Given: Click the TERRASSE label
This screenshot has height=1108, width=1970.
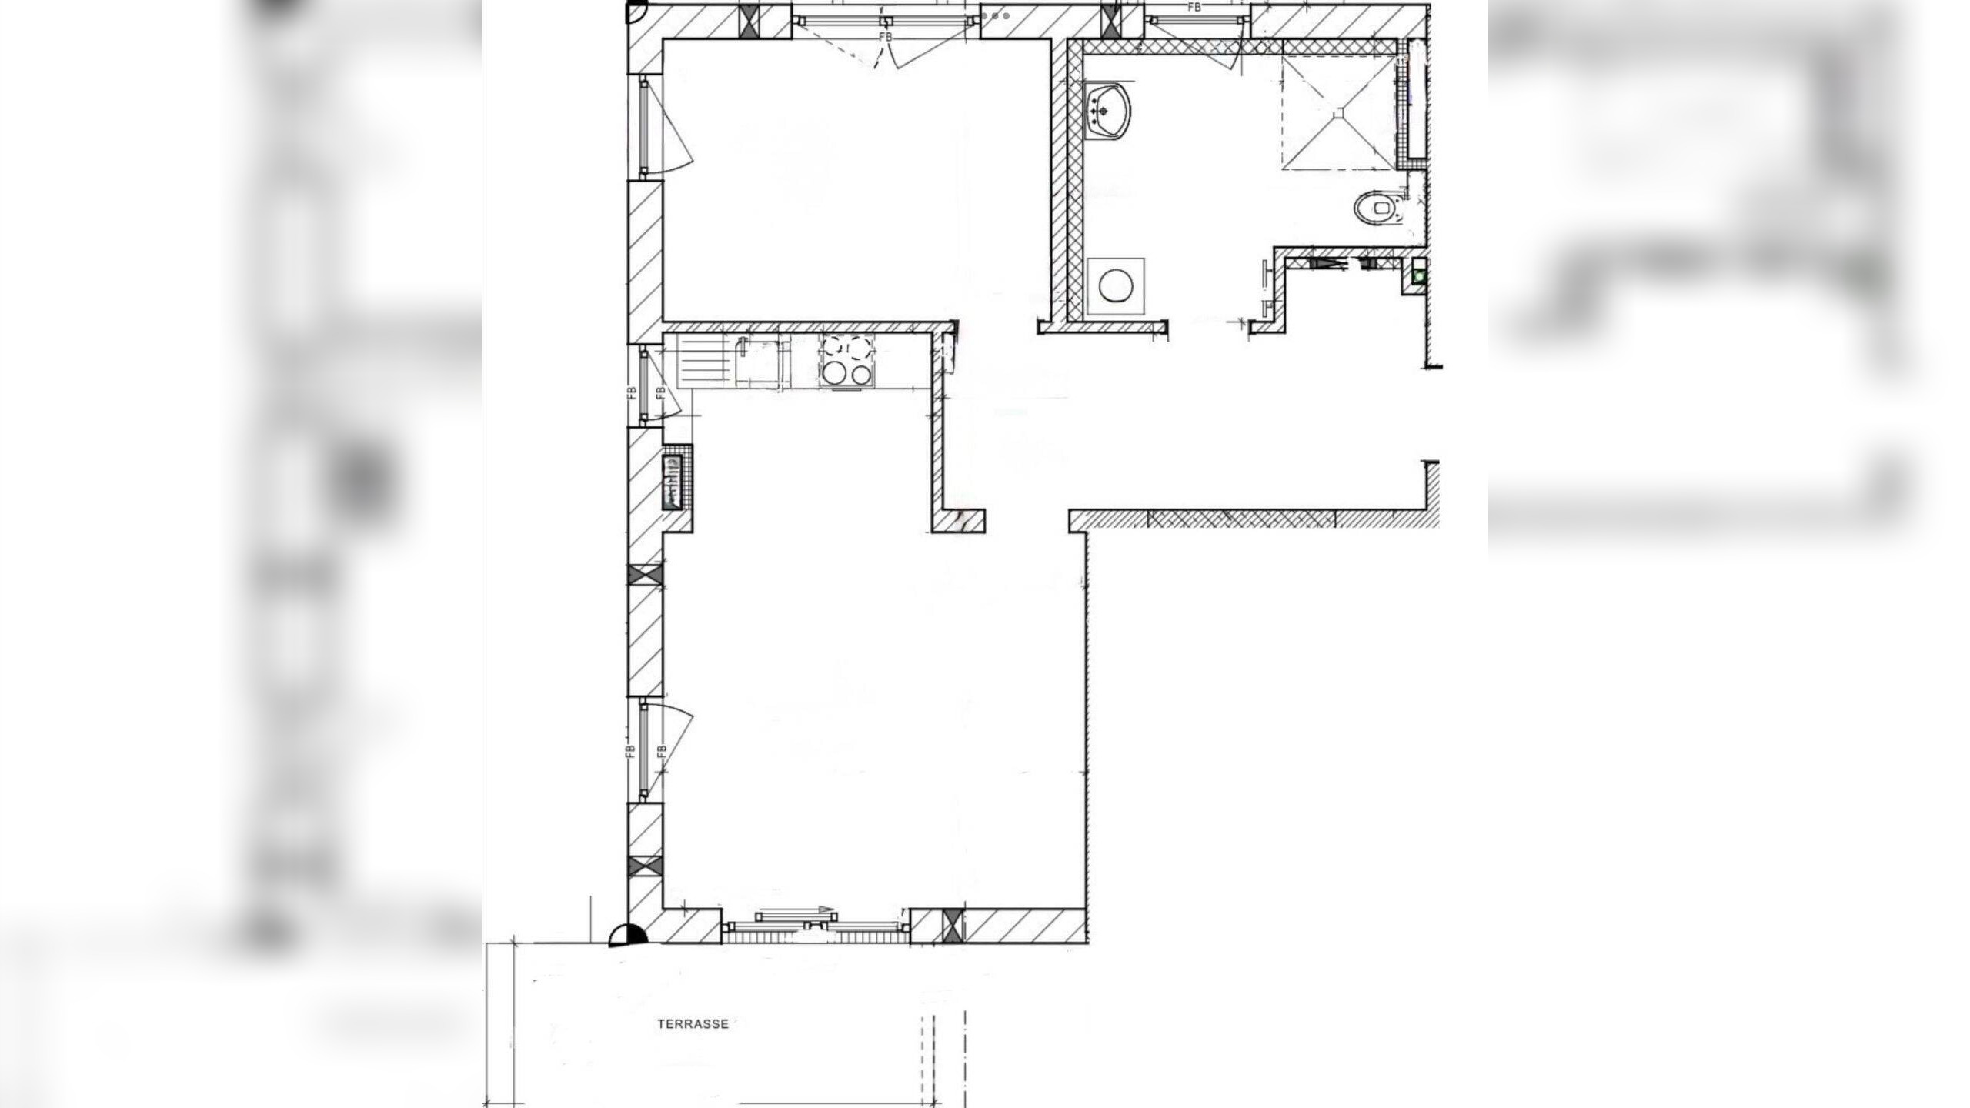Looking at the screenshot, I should coord(693,1024).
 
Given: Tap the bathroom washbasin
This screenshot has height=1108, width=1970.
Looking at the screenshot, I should coord(1107,113).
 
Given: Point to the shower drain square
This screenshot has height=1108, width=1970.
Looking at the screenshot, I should coord(1339,113).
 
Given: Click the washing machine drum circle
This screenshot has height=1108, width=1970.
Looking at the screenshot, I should coord(1116,286).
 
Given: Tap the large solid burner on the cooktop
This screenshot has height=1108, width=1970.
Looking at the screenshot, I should coord(833,374).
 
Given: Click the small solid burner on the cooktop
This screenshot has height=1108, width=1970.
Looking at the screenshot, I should coord(862,375).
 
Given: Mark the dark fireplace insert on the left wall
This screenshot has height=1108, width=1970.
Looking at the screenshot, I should coord(673,482).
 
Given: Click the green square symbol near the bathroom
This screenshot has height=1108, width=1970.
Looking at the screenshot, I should coord(1419,275).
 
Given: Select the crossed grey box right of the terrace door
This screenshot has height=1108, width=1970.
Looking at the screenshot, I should coord(953,926).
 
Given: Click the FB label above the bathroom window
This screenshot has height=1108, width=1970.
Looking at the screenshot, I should coord(1194,8).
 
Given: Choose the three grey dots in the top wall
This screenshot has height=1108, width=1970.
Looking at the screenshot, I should coord(995,15).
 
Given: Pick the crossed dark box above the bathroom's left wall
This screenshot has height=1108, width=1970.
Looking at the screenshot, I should coord(1111,21).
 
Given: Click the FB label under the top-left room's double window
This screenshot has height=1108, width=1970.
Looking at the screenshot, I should coord(885,37).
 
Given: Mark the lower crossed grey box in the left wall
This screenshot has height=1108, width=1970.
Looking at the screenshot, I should coord(646,866).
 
